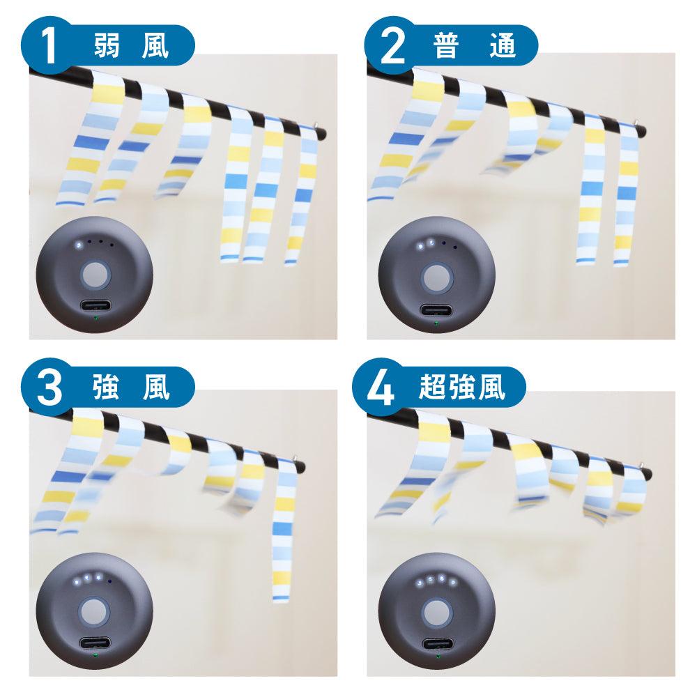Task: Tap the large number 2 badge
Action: [392, 45]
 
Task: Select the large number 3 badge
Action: [49, 388]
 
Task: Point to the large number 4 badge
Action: [381, 388]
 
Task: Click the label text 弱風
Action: [131, 46]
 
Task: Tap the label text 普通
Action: [474, 46]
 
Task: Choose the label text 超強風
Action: [462, 388]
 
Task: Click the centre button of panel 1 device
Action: [95, 274]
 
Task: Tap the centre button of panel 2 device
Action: [436, 278]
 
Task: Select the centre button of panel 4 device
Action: [436, 613]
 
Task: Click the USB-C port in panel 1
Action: [95, 307]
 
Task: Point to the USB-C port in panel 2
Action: [436, 311]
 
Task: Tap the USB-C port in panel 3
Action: [95, 643]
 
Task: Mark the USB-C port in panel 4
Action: [438, 645]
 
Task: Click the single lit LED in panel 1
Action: [79, 244]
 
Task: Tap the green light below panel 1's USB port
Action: [95, 317]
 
